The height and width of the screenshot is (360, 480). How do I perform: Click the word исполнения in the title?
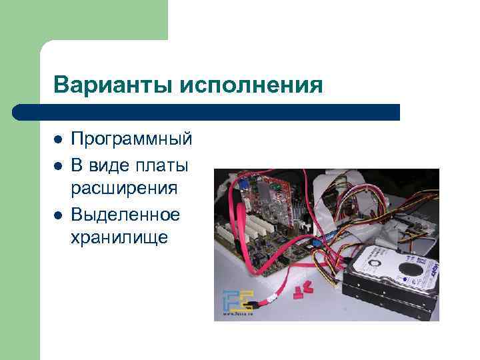tap(254, 85)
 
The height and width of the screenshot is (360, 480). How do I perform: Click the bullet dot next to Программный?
tap(58, 140)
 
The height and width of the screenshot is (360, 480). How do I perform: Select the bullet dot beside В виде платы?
tap(58, 165)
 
